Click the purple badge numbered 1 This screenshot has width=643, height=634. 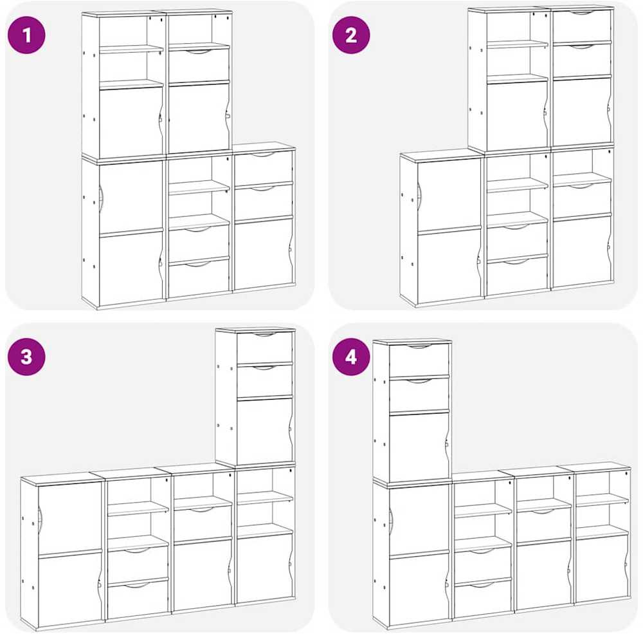[x=26, y=35]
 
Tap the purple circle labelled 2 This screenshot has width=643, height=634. [x=351, y=35]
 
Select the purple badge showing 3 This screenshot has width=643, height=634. [x=26, y=357]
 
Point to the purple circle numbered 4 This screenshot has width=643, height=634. [x=351, y=357]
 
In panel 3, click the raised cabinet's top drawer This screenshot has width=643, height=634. [x=265, y=347]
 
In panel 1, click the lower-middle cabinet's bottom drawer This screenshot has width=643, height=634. [x=199, y=278]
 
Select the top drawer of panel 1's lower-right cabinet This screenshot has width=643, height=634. [x=263, y=167]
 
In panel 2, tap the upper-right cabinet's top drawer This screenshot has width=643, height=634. [x=581, y=26]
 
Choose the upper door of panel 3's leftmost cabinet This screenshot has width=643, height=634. [x=69, y=517]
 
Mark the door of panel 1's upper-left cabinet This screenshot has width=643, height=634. [x=131, y=122]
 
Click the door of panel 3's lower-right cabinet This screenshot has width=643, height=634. [x=264, y=566]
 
